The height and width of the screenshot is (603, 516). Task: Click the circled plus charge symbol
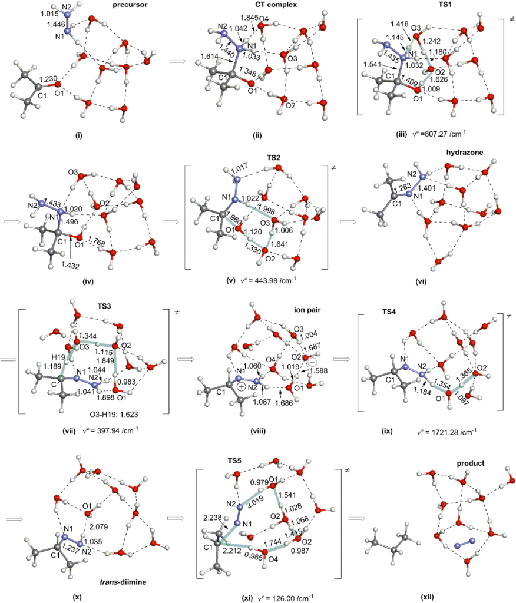tap(243, 386)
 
